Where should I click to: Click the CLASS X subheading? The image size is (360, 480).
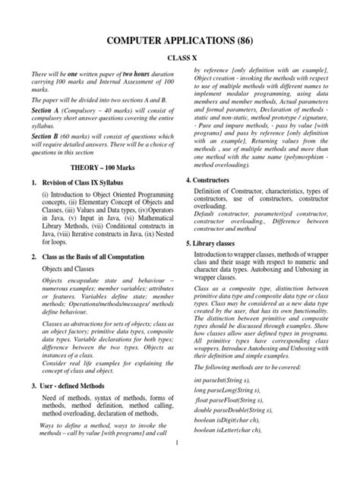[180, 56]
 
